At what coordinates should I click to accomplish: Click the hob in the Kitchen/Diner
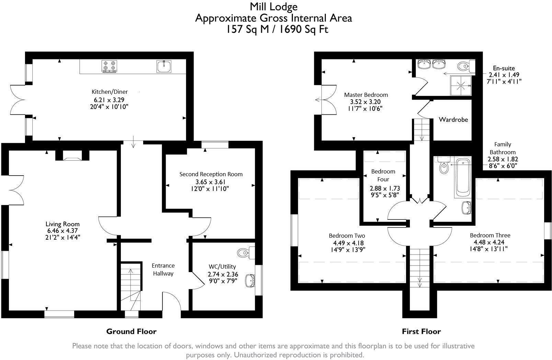pos(109,66)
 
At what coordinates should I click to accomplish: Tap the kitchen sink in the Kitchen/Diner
pos(164,66)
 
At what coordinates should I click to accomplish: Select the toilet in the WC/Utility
pos(246,252)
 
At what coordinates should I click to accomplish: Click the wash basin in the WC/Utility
pos(251,280)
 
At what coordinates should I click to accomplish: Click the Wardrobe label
pos(453,120)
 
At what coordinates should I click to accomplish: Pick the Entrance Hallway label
pos(163,270)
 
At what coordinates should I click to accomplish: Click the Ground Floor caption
pos(131,331)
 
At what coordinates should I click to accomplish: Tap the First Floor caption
pos(421,331)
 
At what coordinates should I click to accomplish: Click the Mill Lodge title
pos(274,7)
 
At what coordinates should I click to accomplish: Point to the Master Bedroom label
pos(366,95)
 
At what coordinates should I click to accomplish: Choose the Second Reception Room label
pos(211,174)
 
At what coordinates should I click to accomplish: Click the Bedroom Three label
pos(490,235)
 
